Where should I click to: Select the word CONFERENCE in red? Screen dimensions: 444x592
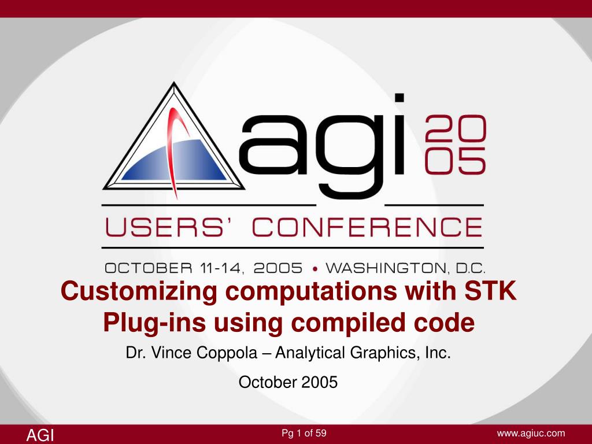point(368,227)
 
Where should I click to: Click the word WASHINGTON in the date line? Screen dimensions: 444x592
point(391,268)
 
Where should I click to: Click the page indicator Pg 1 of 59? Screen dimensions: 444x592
point(304,433)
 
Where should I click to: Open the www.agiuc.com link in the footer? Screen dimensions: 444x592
point(531,433)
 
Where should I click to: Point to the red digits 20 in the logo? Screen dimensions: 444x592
point(456,128)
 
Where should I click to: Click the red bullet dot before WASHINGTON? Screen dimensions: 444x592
point(315,268)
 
